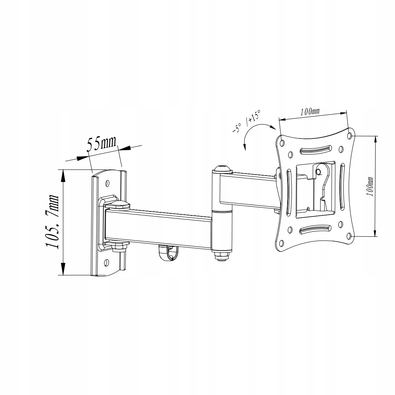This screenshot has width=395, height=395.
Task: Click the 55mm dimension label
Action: tap(102, 143)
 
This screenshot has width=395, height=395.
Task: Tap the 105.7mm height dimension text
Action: tap(52, 221)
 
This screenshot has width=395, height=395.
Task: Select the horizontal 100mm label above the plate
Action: tap(310, 111)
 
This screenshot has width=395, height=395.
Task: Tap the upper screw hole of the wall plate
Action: tap(108, 183)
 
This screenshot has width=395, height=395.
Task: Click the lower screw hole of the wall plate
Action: tap(106, 263)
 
